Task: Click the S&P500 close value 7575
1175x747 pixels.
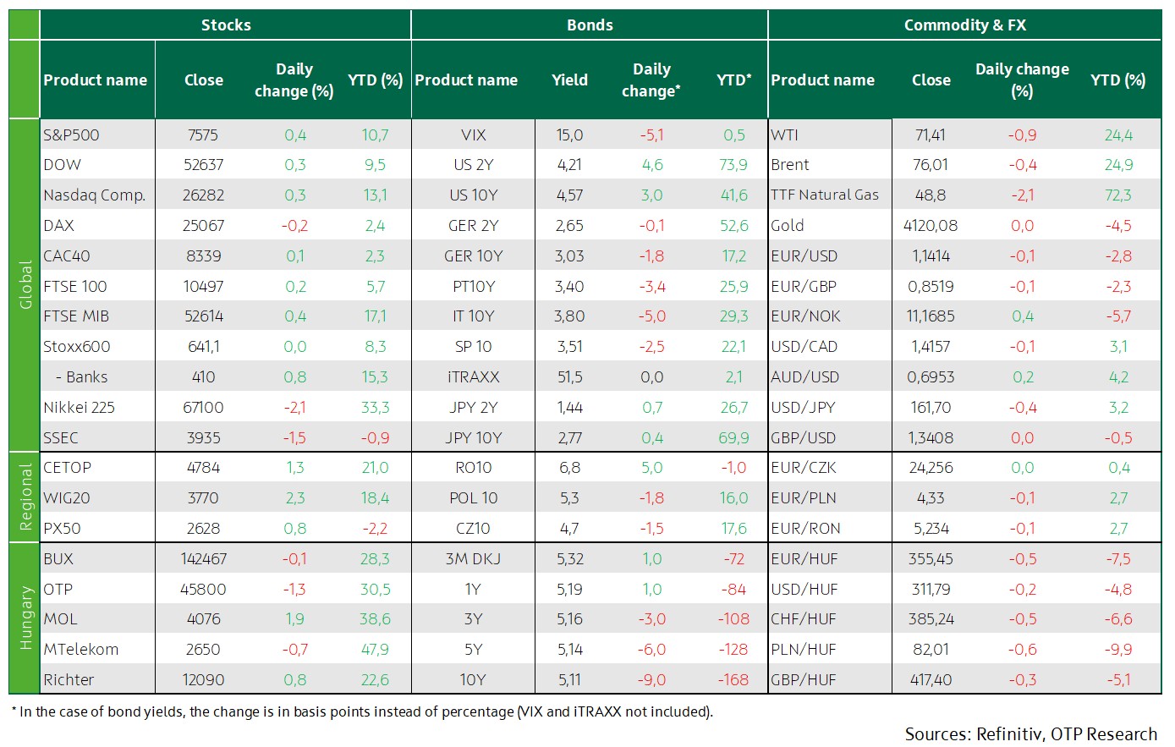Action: click(203, 135)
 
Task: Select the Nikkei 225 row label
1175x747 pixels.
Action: click(80, 407)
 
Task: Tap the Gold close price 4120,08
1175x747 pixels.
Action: click(931, 226)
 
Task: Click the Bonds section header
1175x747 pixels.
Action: click(590, 25)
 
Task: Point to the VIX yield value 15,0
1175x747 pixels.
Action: click(569, 135)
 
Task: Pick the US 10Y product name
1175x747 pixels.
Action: click(473, 195)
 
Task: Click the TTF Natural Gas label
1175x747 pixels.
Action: click(825, 195)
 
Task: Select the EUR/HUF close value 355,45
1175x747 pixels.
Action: click(931, 558)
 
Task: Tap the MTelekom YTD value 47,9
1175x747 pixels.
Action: click(375, 650)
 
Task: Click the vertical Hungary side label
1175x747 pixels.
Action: click(25, 618)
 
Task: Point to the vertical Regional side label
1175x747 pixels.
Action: click(25, 497)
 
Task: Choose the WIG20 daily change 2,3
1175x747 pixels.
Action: click(294, 497)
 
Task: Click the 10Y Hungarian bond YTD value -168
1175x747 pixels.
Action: click(733, 680)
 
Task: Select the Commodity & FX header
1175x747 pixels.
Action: click(964, 25)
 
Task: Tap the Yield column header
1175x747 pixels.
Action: click(569, 80)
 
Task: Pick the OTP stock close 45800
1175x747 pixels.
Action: click(203, 589)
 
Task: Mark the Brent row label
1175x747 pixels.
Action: click(790, 165)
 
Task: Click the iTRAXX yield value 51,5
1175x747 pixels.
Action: click(569, 376)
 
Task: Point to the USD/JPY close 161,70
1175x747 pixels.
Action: click(931, 407)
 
